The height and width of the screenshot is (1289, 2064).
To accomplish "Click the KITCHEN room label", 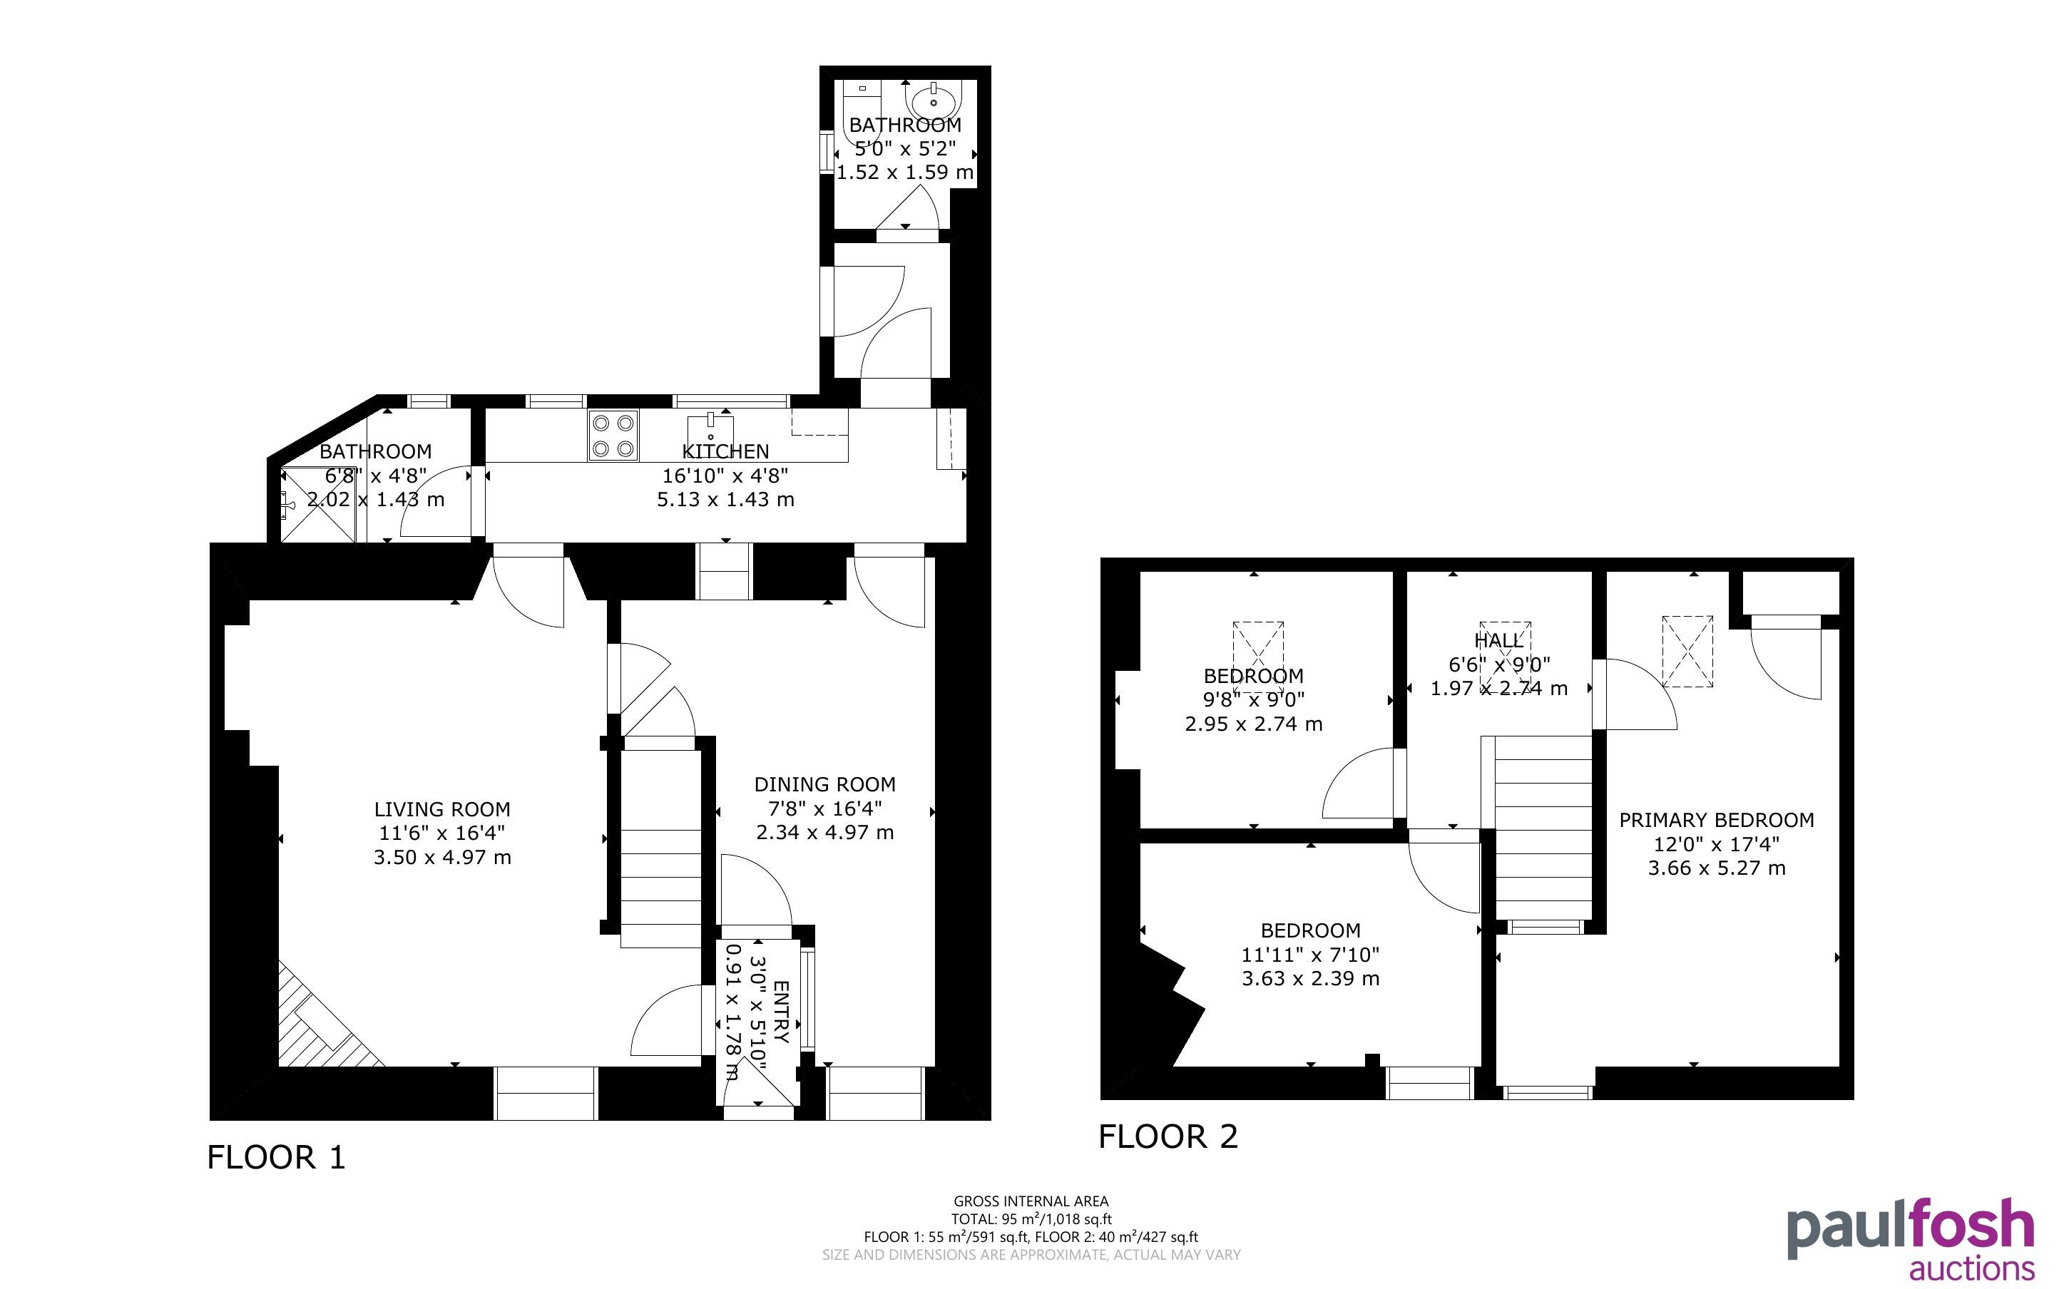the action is coord(725,451).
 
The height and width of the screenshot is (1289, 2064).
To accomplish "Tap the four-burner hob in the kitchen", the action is coord(613,436).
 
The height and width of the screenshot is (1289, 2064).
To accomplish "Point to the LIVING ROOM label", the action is coord(441,809).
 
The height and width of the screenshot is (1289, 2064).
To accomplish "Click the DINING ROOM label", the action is coord(824,784).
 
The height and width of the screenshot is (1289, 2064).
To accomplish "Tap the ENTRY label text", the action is coord(781,1012).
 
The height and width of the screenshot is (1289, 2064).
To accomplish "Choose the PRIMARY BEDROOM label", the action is coord(1716,820).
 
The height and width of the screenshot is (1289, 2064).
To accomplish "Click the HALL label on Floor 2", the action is coord(1498,640).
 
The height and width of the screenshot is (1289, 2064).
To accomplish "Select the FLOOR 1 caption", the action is coord(277,1157).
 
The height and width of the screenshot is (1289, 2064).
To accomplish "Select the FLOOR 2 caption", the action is coord(1168,1136).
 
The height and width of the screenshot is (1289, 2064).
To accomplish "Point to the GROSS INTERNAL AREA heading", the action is coord(1031,1201).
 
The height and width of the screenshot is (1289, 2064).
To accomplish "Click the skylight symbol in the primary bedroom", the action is coord(1688,652).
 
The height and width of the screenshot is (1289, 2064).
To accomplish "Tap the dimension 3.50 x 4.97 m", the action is coord(441,857).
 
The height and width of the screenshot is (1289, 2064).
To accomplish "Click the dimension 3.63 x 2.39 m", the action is coord(1310,979).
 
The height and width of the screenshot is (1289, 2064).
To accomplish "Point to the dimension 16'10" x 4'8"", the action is coord(725,475).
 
